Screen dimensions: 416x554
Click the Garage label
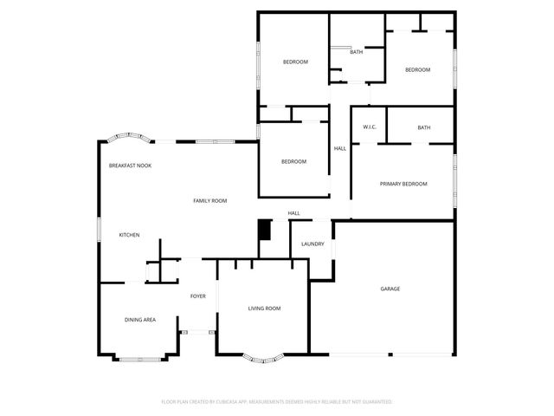(x=390, y=289)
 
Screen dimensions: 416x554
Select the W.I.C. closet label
(x=369, y=127)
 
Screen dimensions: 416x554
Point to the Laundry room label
(x=312, y=244)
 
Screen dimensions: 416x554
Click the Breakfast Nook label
(x=130, y=165)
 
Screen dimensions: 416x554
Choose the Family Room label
(x=209, y=200)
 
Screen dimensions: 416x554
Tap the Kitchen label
(x=129, y=235)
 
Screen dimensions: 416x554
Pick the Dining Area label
(x=139, y=320)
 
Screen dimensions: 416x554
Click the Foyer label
(x=198, y=296)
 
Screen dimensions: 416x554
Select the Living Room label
(x=264, y=308)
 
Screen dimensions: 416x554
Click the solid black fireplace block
(x=265, y=230)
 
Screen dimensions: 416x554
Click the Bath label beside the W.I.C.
(x=423, y=127)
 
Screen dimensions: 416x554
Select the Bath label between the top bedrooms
(x=356, y=52)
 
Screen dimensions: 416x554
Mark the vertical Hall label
(x=340, y=148)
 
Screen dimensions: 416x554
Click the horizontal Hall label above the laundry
(x=293, y=213)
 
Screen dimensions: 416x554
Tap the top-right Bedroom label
(x=417, y=69)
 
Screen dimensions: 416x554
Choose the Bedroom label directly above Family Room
(x=293, y=161)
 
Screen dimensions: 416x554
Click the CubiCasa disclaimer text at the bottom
(x=277, y=402)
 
